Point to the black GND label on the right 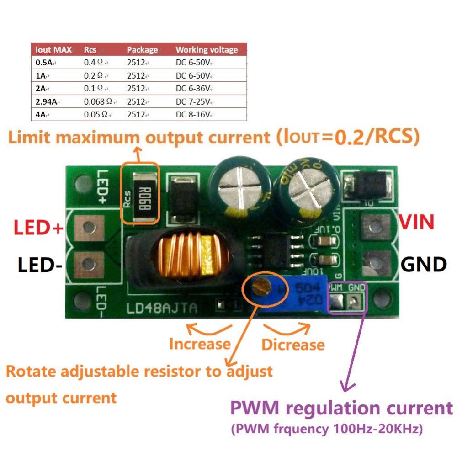[x=423, y=264]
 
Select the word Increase [x=199, y=343]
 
